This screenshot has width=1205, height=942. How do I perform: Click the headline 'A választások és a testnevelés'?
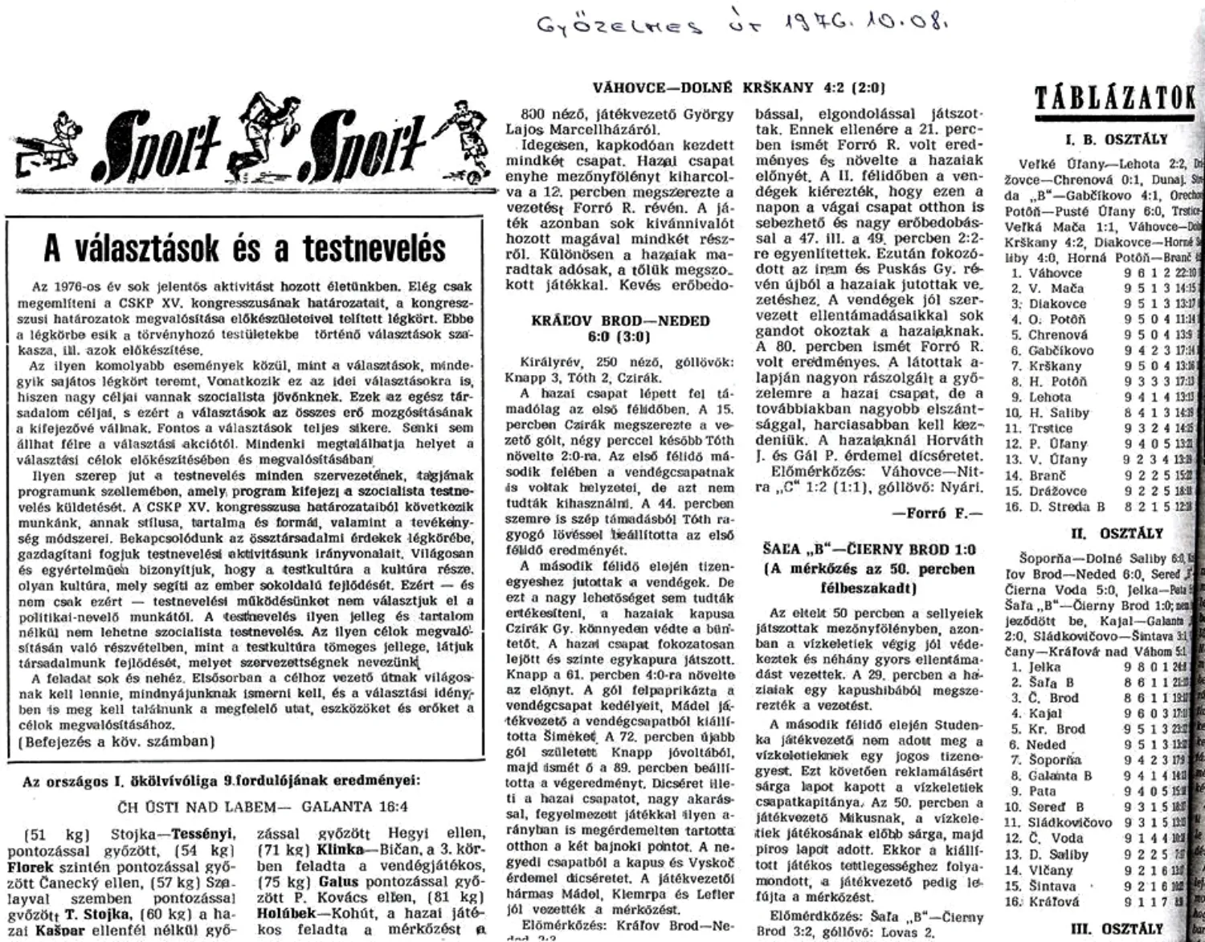pyautogui.click(x=244, y=248)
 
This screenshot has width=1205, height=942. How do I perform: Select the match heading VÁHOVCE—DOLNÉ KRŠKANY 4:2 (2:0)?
pyautogui.click(x=738, y=88)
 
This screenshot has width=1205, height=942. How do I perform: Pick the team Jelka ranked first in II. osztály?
pyautogui.click(x=1045, y=667)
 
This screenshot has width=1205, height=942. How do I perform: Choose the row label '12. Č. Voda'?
pyautogui.click(x=1048, y=838)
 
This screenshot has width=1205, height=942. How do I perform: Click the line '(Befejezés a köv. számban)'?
pyautogui.click(x=116, y=741)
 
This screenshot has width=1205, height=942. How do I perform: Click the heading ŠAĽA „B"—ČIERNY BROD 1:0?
pyautogui.click(x=870, y=550)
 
